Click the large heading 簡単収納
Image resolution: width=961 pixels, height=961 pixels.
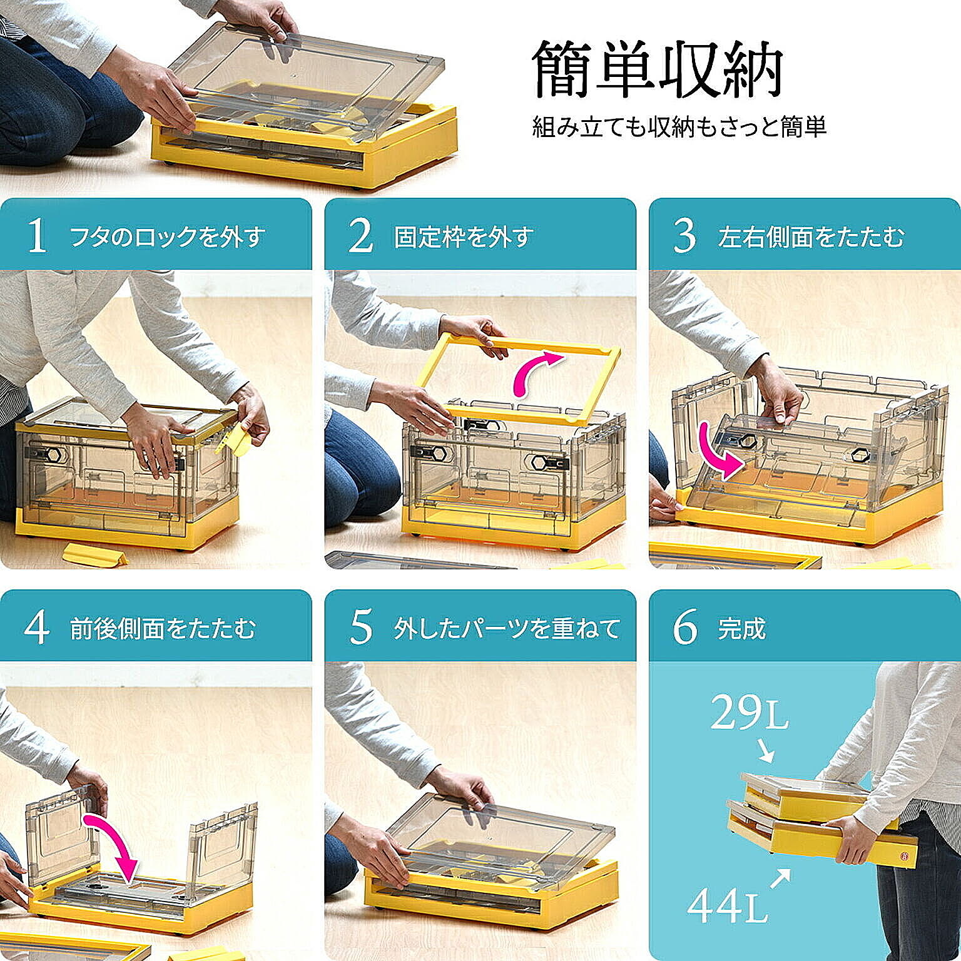[658, 69]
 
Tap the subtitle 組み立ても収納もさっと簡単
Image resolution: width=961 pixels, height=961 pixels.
[679, 126]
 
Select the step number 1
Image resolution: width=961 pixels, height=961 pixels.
[38, 236]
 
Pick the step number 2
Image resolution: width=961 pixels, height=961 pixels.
[360, 236]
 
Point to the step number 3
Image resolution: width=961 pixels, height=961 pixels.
[684, 236]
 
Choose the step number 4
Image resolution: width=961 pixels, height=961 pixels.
[37, 628]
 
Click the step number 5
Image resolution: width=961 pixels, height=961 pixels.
[361, 628]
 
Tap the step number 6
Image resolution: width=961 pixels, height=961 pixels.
[685, 628]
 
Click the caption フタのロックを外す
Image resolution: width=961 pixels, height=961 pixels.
[168, 237]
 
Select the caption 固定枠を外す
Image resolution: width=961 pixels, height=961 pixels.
[464, 237]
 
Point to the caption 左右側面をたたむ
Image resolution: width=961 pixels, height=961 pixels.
[811, 237]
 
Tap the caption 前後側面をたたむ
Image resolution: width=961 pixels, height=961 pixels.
[163, 629]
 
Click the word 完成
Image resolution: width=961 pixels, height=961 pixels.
[741, 629]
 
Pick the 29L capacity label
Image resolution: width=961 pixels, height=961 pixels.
[750, 714]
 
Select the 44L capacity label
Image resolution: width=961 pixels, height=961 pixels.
[727, 905]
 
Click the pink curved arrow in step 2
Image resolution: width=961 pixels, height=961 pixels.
[534, 374]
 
